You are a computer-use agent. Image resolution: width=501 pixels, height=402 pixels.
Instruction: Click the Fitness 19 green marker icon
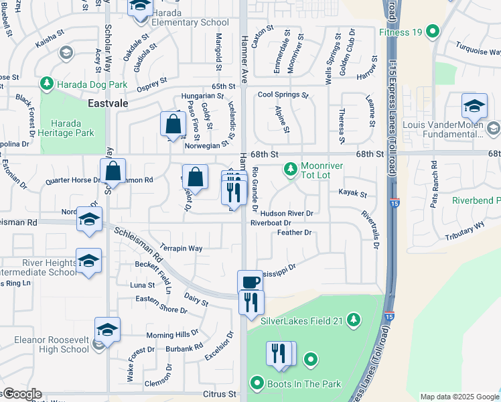click(433, 31)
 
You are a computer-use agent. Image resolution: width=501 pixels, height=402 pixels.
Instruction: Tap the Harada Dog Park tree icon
click(46, 84)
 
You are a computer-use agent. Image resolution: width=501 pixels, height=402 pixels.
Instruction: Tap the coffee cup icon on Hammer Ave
click(250, 282)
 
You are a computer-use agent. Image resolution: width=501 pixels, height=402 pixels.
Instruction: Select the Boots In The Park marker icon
click(257, 384)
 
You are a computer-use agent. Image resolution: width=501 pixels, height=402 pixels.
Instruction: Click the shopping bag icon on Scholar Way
click(113, 172)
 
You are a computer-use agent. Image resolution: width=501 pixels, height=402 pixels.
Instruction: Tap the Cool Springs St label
click(283, 95)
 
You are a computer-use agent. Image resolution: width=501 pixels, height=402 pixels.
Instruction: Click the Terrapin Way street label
click(181, 248)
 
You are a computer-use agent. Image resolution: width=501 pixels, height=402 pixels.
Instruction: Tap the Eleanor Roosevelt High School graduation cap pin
click(107, 330)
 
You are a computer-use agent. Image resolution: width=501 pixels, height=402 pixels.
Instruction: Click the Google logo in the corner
click(21, 394)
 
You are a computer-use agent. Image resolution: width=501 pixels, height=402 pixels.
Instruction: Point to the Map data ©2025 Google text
click(459, 397)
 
